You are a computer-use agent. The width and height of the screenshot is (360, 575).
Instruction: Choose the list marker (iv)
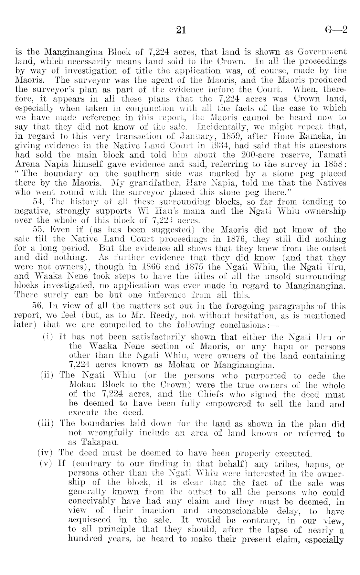pyautogui.click(x=46, y=453)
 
